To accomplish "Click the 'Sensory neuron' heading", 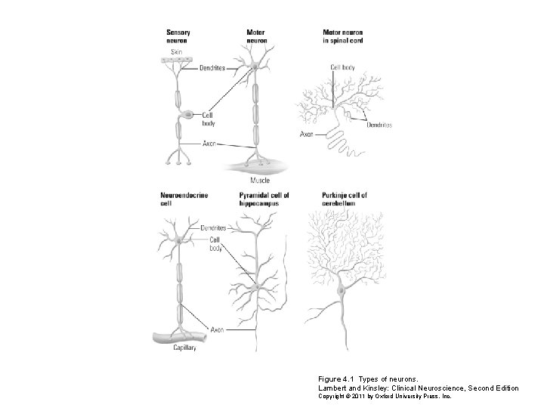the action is tap(178, 36).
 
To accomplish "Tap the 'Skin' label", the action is tap(177, 52).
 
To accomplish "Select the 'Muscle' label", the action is tap(260, 181).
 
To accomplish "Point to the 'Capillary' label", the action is tap(184, 348).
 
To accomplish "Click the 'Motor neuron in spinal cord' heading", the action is tap(343, 36).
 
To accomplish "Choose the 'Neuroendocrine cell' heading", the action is tap(184, 199).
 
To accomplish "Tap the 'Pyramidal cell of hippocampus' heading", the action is tap(264, 199).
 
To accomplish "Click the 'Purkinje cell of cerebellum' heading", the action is tap(345, 199).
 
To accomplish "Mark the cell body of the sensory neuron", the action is tap(187, 114).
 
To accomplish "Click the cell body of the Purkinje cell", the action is tap(342, 289).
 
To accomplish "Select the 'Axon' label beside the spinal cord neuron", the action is tap(306, 134).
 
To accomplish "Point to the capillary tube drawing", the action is tap(180, 337).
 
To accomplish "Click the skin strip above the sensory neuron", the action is tap(176, 60).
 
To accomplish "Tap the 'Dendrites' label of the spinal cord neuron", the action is tap(379, 125).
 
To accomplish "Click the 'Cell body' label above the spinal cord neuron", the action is tap(342, 67).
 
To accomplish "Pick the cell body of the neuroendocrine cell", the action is tap(179, 240).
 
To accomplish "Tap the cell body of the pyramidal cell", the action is tap(257, 287).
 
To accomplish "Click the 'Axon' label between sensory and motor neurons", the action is tap(209, 144).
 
